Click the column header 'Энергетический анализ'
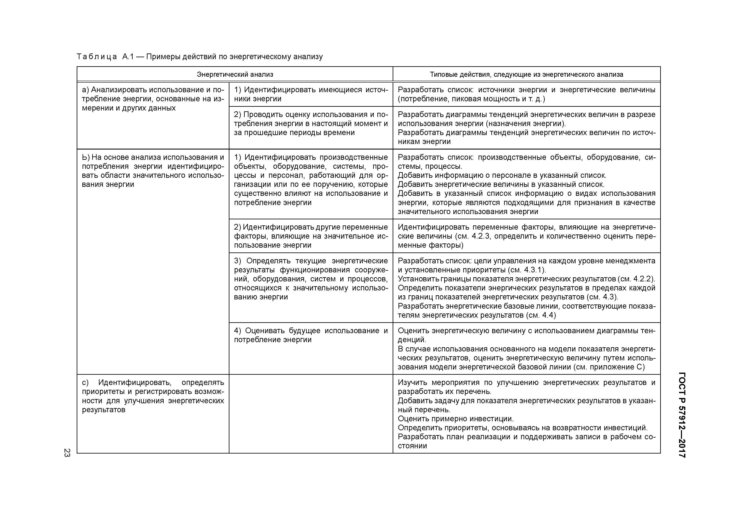click(235, 75)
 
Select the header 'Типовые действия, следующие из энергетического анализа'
click(526, 75)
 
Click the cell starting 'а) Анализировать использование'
click(153, 99)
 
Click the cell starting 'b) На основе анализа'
click(153, 171)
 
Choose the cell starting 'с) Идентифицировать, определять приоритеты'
click(153, 396)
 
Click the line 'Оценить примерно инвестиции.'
click(455, 419)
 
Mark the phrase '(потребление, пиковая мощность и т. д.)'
click(471, 99)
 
